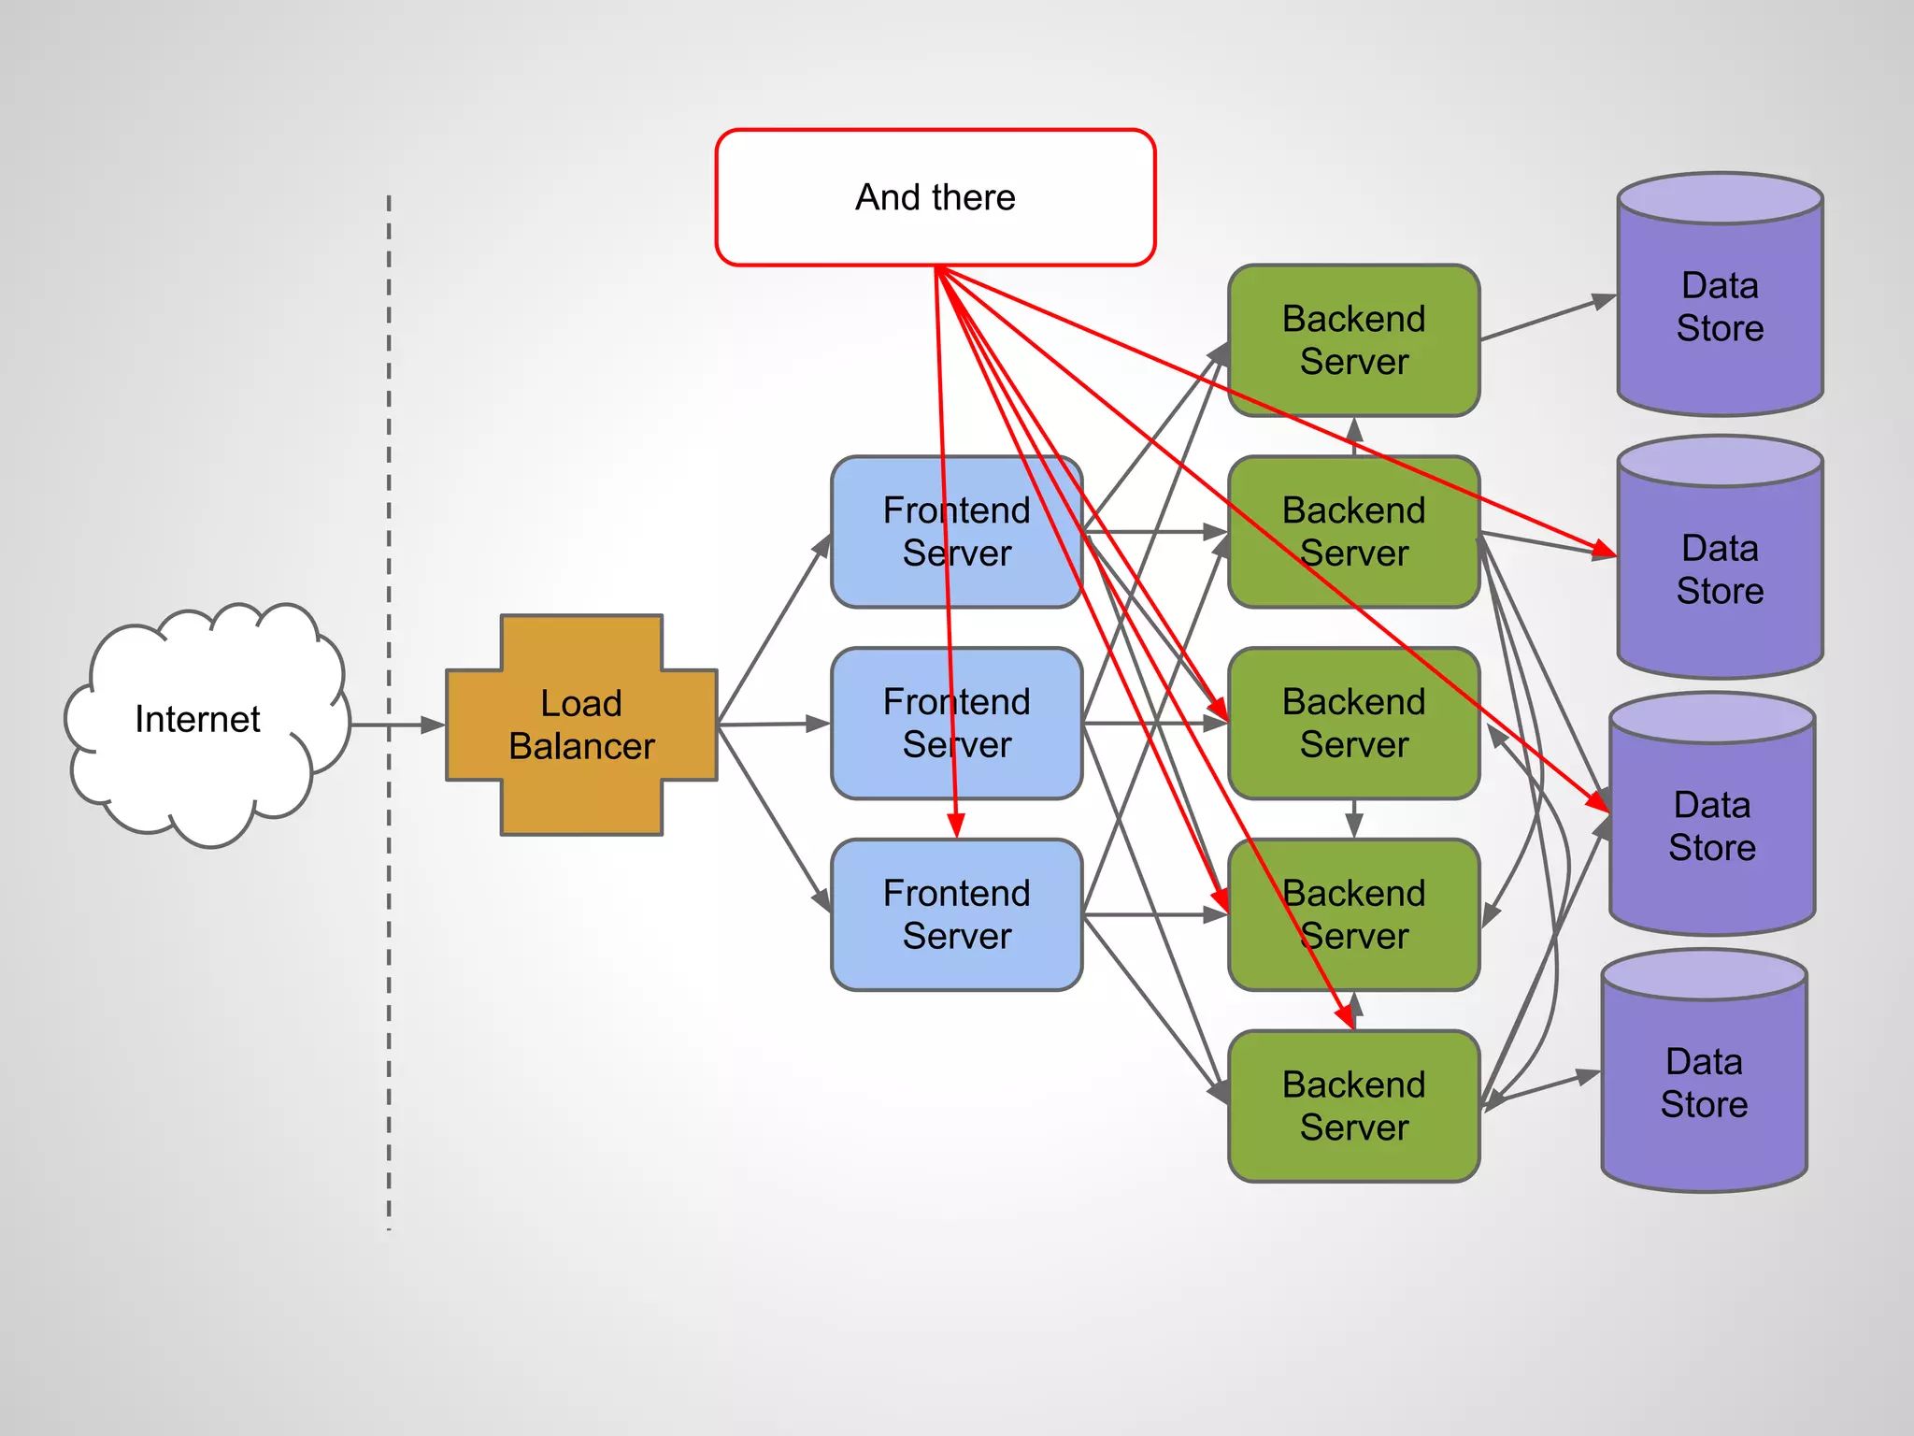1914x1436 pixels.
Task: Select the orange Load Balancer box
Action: (x=581, y=725)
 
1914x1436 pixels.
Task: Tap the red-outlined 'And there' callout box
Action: (x=935, y=197)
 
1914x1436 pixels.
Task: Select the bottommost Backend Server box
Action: (x=1353, y=1106)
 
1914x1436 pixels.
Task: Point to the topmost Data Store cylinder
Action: (x=1720, y=309)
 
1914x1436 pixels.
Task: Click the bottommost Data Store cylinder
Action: (x=1704, y=1084)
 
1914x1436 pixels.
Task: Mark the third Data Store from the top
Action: (x=1712, y=827)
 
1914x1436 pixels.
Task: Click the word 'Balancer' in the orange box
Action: (x=581, y=746)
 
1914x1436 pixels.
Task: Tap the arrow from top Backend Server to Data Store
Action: (x=1547, y=319)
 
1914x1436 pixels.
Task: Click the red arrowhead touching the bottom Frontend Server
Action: (x=955, y=826)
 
